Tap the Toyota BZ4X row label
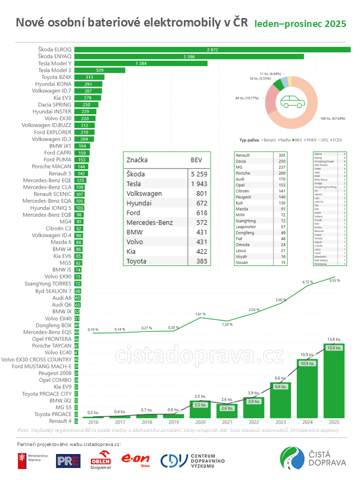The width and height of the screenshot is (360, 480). (x=56, y=77)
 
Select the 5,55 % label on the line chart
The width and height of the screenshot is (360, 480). (x=334, y=281)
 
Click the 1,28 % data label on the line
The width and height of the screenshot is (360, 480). (x=227, y=324)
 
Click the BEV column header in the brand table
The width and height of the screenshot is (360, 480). (x=196, y=160)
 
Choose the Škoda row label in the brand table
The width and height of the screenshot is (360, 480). (x=135, y=174)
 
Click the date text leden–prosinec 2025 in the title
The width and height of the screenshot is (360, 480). (x=300, y=24)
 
